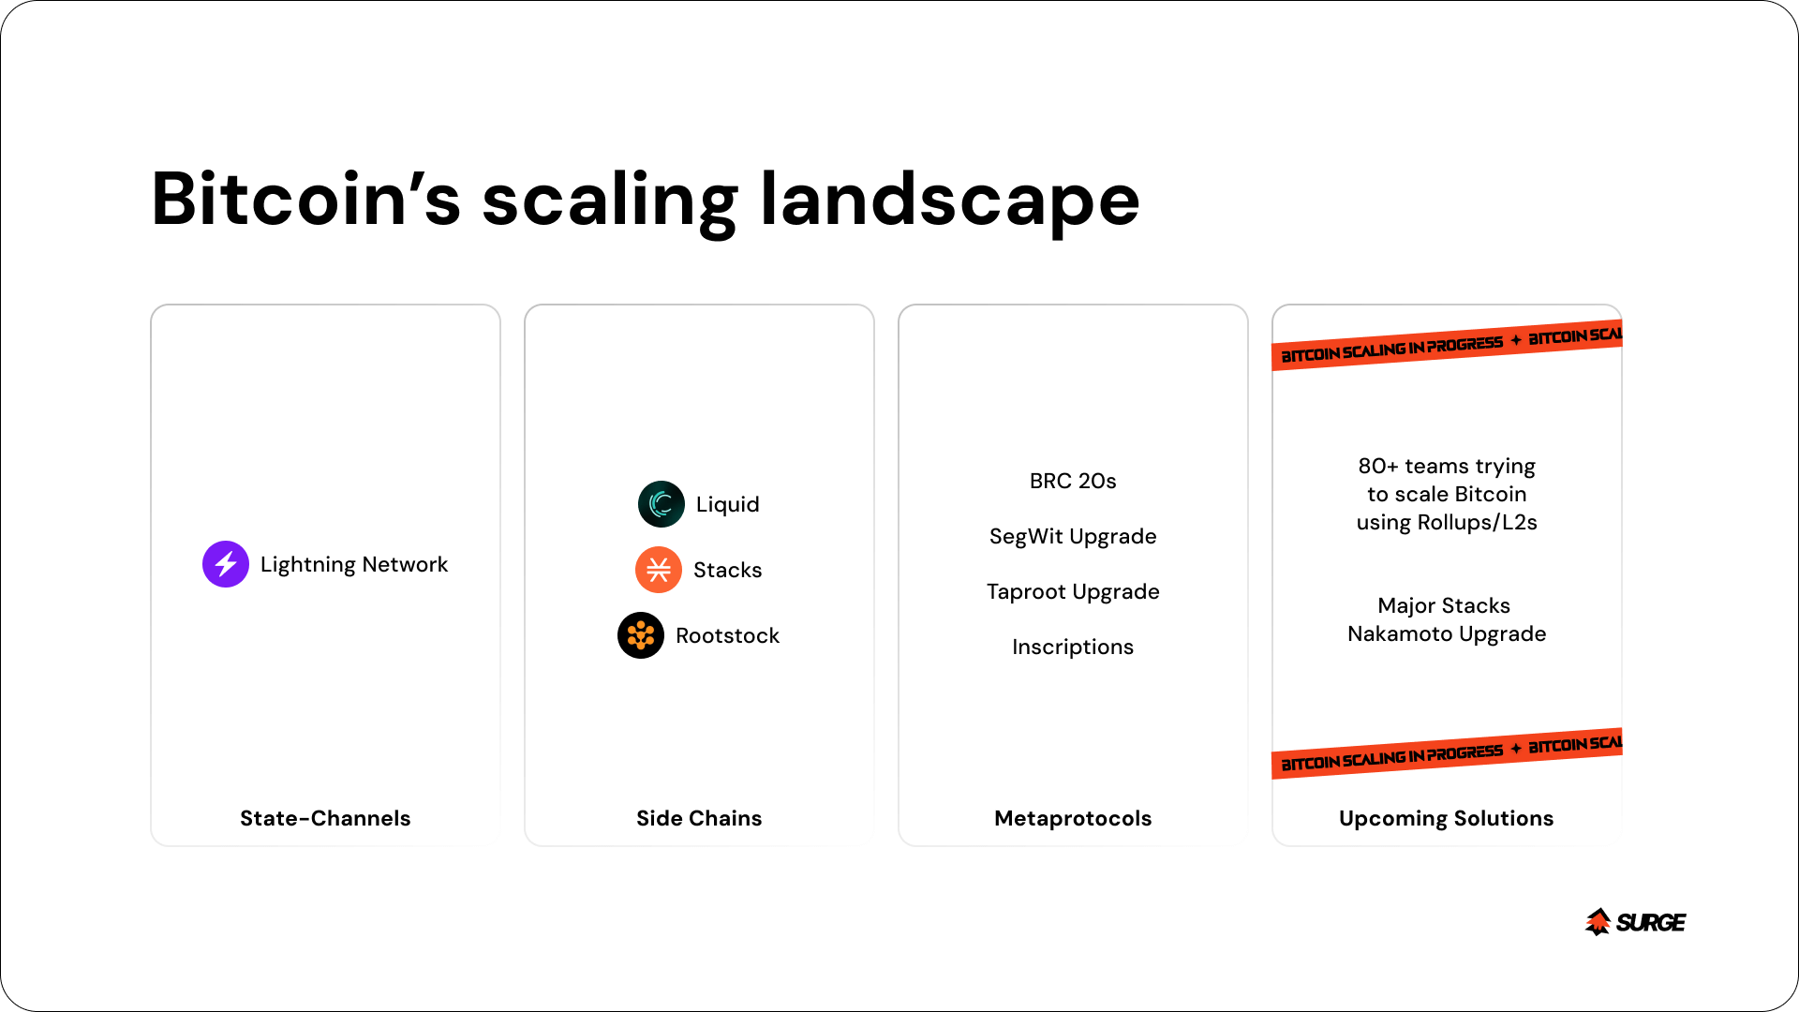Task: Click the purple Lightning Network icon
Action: tap(226, 564)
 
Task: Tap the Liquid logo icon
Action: tap(662, 504)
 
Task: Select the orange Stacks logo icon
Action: tap(659, 570)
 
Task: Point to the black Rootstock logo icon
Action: tap(641, 635)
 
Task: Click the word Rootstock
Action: tap(727, 635)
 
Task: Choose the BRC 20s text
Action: tap(1073, 481)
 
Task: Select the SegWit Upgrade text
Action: tap(1073, 537)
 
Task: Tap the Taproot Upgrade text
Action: tap(1073, 592)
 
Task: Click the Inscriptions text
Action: tap(1073, 647)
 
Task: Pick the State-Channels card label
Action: tap(325, 818)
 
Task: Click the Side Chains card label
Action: tap(699, 818)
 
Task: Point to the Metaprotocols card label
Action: tap(1073, 818)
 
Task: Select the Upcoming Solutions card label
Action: tap(1447, 818)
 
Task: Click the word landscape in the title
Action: tap(950, 201)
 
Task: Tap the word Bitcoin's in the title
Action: tap(306, 199)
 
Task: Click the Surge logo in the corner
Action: tap(1636, 922)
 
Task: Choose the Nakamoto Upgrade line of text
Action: tap(1447, 634)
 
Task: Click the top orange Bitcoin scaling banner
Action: tap(1447, 345)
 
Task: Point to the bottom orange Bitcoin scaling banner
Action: tap(1447, 753)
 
